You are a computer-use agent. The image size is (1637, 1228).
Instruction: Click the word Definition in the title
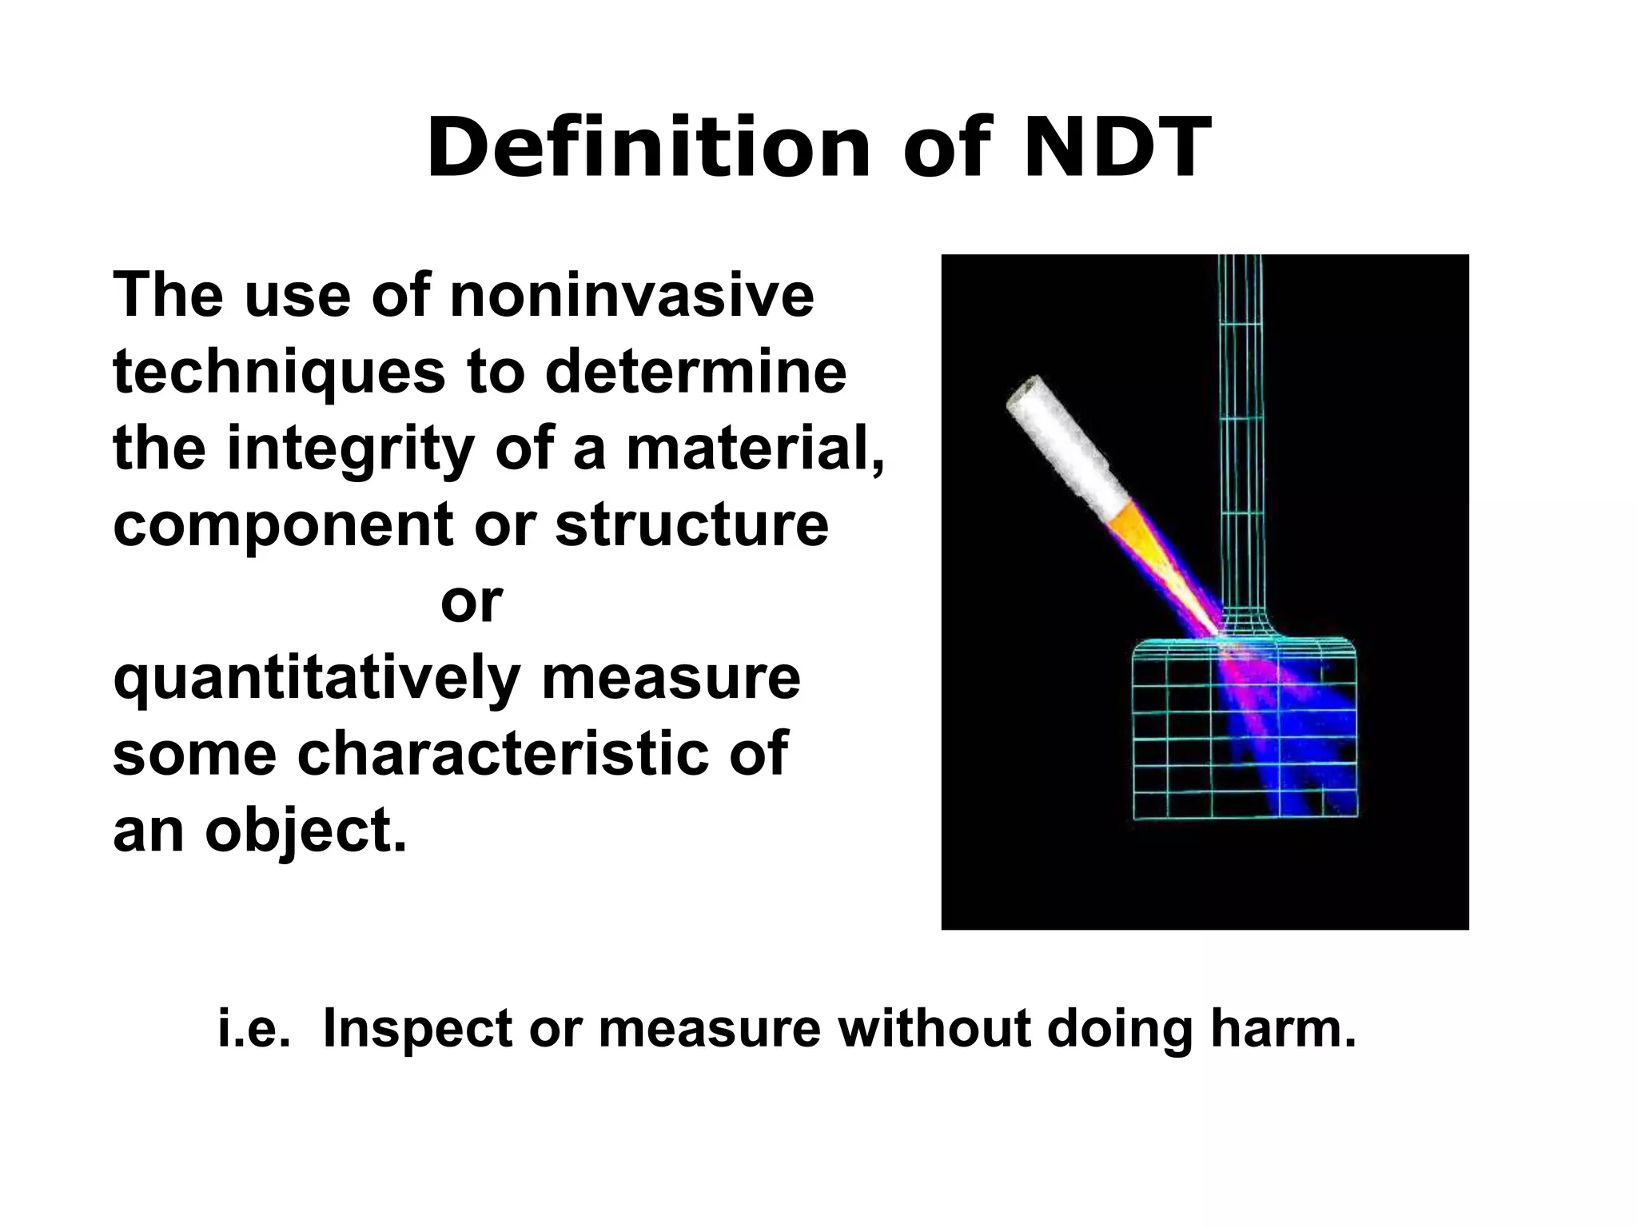(648, 149)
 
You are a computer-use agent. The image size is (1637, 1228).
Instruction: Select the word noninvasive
(631, 295)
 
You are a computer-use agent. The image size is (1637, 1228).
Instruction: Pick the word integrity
(351, 449)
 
